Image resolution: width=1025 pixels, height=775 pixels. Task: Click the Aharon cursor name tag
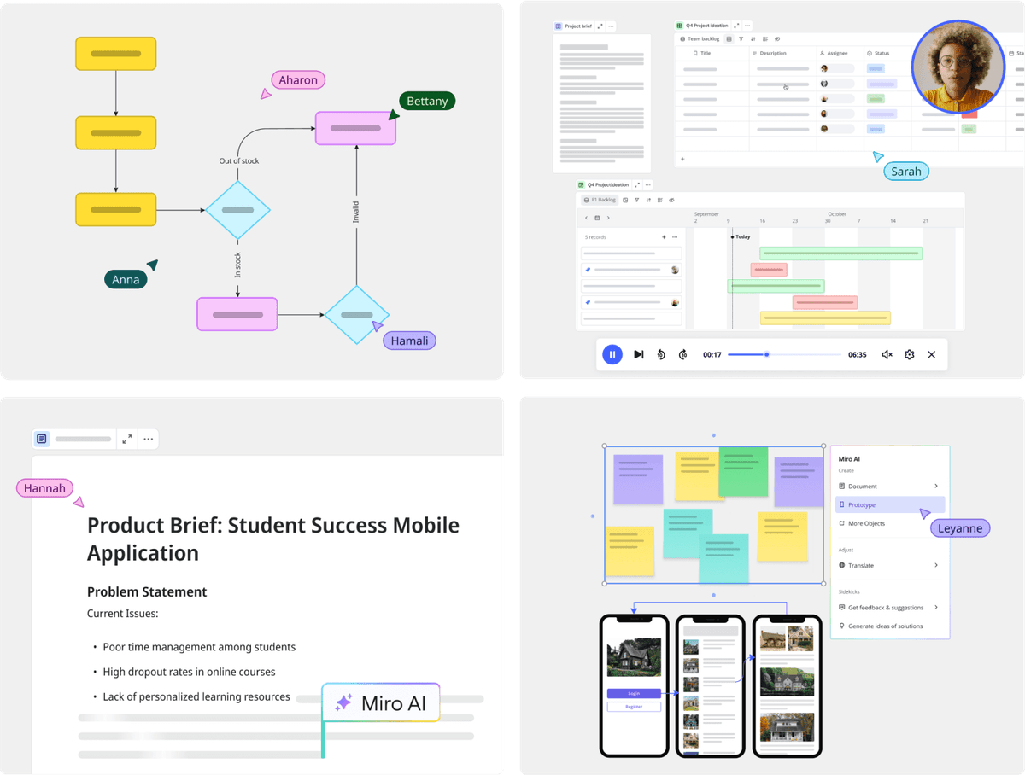(x=298, y=80)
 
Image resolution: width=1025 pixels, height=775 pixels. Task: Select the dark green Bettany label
(x=427, y=101)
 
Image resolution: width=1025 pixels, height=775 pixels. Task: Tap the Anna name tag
(x=126, y=279)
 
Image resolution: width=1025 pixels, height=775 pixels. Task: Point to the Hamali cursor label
(x=409, y=341)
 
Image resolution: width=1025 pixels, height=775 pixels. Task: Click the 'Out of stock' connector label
(x=239, y=160)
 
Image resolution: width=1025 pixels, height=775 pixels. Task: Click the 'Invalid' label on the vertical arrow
(x=356, y=213)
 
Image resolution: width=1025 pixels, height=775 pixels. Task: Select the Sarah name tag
(x=905, y=171)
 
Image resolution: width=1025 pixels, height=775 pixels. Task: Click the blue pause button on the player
(x=612, y=354)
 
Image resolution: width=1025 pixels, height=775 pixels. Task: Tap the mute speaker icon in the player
(x=887, y=354)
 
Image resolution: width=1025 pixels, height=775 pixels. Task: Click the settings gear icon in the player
(x=909, y=354)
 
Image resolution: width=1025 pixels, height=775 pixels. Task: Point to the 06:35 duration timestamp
(x=857, y=354)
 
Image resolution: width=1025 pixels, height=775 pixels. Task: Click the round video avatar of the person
(x=957, y=67)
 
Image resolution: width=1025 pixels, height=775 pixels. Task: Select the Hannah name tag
(x=44, y=488)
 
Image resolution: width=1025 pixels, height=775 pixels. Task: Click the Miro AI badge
(x=381, y=703)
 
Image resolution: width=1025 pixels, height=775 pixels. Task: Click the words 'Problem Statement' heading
(x=147, y=591)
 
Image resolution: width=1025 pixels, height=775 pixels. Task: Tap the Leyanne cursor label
(x=959, y=528)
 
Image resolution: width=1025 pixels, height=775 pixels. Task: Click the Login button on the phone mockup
(x=634, y=693)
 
